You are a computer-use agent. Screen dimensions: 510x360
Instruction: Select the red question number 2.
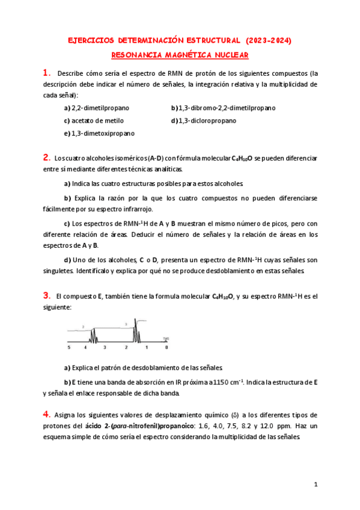pyautogui.click(x=46, y=158)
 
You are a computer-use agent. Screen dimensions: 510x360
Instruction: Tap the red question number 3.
pyautogui.click(x=46, y=295)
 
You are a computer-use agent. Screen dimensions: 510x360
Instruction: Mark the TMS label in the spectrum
pyautogui.click(x=165, y=338)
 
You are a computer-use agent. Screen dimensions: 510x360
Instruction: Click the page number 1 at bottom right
pyautogui.click(x=316, y=484)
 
